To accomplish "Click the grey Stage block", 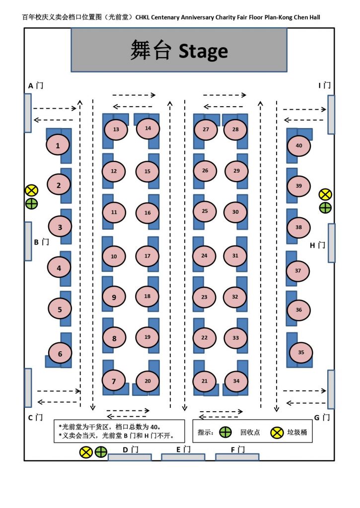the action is coord(179,50).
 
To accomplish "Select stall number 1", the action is coord(58,145).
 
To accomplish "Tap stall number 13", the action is coord(116,129).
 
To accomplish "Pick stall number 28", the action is coord(235,129).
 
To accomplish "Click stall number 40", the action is coord(299,145).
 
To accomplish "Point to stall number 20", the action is coord(147,381).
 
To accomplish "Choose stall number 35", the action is coord(301,352).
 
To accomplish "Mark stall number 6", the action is coord(60,354).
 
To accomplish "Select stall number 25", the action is coord(205,211).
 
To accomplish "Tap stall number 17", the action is coord(147,255).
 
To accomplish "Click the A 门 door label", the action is coord(36,85).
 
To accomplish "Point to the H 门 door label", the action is coord(317,245).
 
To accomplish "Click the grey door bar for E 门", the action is coord(183,457).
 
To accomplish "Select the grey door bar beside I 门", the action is coord(331,115).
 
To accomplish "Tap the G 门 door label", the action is coord(322,417).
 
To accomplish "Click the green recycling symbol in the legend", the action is coord(225,432).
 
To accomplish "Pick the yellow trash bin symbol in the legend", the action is coord(277,432).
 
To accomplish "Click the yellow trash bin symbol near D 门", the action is coord(86,452).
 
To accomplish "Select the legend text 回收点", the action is coord(250,432).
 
